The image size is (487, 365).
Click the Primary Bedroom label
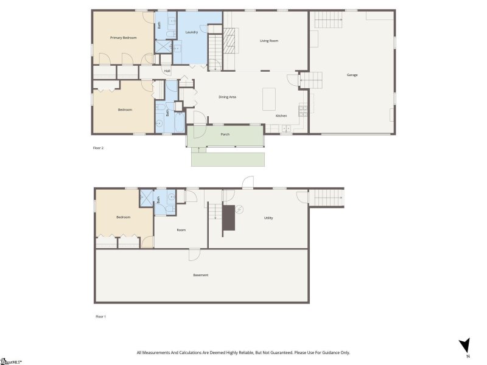click(x=123, y=38)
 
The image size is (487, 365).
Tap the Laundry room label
click(x=191, y=32)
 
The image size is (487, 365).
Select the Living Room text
click(x=269, y=41)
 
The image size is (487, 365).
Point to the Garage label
click(x=352, y=75)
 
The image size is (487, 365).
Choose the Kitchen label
click(x=281, y=116)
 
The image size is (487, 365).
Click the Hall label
click(x=167, y=71)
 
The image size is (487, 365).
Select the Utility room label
click(x=268, y=217)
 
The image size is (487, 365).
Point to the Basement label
click(x=201, y=275)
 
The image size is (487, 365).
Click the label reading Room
click(x=181, y=230)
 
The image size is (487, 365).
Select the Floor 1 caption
click(x=100, y=316)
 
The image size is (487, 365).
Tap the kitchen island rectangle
click(x=269, y=99)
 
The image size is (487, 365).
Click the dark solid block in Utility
click(x=228, y=218)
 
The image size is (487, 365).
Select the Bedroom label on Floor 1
click(x=124, y=217)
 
